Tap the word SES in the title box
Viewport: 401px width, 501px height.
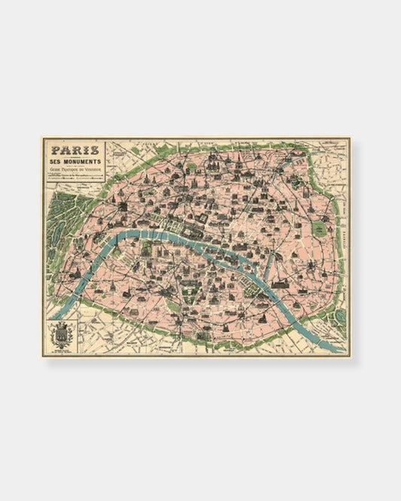click(58, 162)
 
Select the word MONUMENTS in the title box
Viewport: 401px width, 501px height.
click(85, 162)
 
